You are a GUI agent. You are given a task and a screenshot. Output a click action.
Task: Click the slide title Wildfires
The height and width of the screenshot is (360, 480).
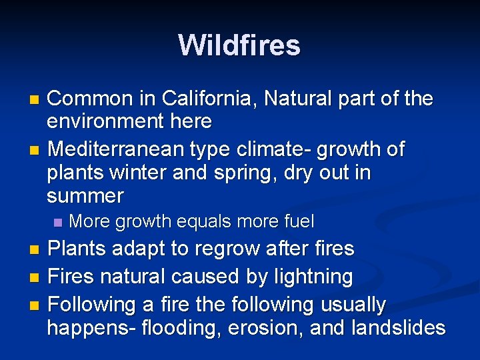coord(239,45)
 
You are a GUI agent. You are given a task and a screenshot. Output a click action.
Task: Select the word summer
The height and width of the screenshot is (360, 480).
coord(85,196)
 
